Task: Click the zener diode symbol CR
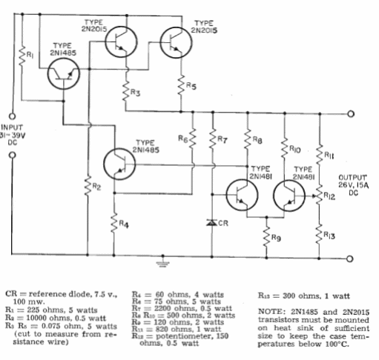pos(212,223)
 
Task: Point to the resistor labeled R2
pos(88,186)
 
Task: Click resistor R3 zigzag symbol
pos(126,90)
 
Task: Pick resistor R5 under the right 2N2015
pos(181,85)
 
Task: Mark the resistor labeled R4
pos(114,223)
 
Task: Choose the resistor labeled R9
pos(266,236)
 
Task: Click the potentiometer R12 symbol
pos(318,196)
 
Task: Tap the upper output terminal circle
pos(351,114)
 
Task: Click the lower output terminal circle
pos(349,259)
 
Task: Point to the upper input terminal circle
pos(12,116)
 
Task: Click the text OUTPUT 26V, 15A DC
pos(354,185)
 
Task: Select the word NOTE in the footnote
pos(271,312)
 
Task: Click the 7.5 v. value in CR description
pos(106,294)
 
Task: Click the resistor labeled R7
pos(213,139)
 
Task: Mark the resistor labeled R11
pos(320,155)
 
